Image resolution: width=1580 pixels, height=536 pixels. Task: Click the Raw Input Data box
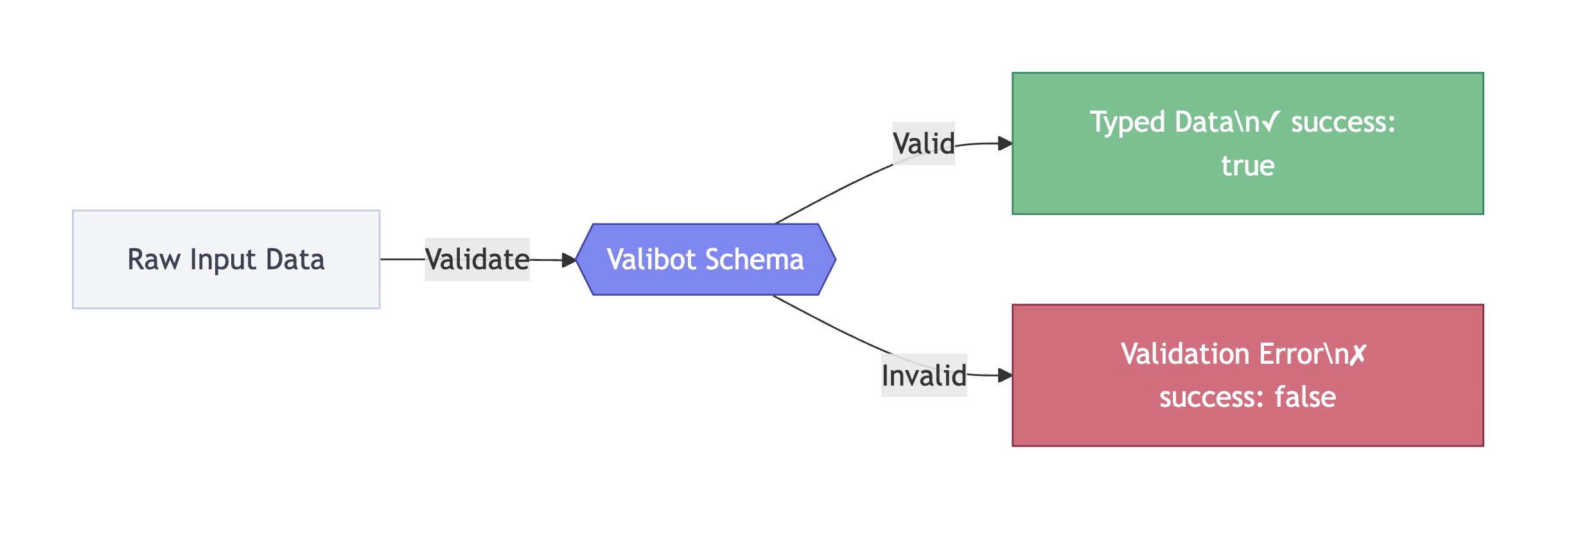click(x=226, y=259)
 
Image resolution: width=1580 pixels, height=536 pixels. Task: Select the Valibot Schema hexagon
click(x=705, y=259)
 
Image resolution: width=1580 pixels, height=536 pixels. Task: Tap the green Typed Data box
click(x=1247, y=143)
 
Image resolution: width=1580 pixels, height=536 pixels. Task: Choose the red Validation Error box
click(x=1247, y=375)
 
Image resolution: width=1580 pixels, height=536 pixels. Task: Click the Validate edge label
click(x=477, y=260)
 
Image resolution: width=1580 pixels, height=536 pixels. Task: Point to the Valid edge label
click(x=924, y=143)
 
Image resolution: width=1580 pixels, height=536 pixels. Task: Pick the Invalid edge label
click(x=924, y=375)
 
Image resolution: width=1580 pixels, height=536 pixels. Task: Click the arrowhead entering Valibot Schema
click(x=569, y=260)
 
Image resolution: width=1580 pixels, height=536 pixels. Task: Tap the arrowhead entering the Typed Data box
click(x=1005, y=143)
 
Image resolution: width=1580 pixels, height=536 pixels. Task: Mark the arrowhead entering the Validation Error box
click(x=1005, y=375)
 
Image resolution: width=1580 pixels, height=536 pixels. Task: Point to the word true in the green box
click(x=1247, y=166)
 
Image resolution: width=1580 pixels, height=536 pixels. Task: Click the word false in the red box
click(x=1305, y=397)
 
